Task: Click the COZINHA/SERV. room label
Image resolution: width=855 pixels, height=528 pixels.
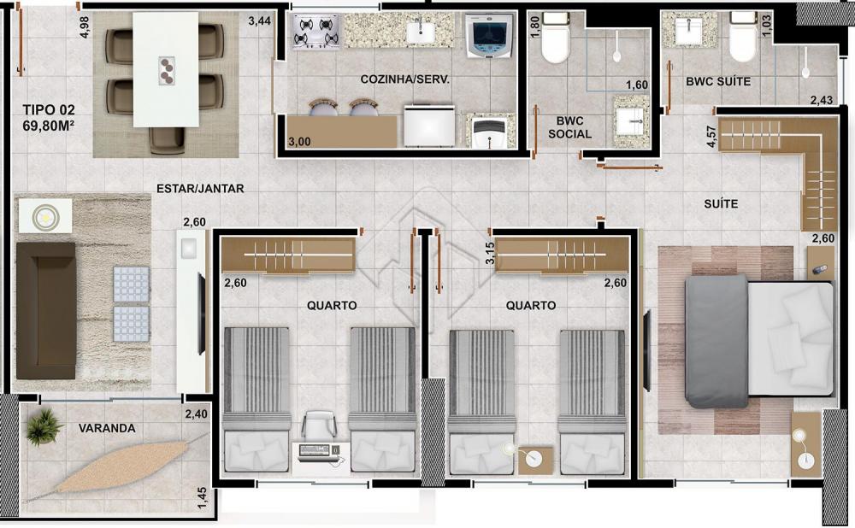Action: (404, 79)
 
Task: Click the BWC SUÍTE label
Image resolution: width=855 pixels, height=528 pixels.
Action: (718, 82)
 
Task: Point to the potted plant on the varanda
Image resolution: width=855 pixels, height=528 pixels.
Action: (43, 426)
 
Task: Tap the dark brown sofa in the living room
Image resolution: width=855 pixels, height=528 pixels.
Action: (46, 311)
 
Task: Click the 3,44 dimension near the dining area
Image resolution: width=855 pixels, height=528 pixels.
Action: (260, 22)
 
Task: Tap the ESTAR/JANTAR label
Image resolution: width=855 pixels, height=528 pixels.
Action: (200, 189)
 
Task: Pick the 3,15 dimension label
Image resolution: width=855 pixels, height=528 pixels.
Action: (490, 254)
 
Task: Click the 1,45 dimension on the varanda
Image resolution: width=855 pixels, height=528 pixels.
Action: (203, 498)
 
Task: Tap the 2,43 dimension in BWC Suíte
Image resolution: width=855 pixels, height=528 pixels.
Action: (821, 100)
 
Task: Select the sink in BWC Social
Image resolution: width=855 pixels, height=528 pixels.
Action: (632, 121)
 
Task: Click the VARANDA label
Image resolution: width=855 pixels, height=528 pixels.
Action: (107, 428)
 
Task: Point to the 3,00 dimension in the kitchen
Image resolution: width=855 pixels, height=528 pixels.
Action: (299, 142)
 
